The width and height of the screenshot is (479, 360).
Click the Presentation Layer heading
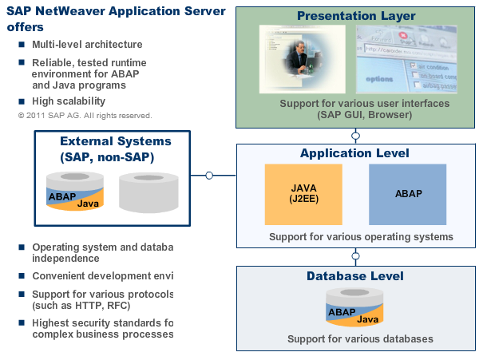click(x=355, y=15)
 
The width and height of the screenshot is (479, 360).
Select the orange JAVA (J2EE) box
click(x=303, y=194)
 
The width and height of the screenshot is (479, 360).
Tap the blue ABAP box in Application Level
click(x=408, y=194)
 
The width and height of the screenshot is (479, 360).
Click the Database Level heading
click(x=355, y=276)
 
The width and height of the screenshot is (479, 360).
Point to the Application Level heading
click(x=355, y=153)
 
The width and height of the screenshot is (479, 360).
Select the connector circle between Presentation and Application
click(x=355, y=136)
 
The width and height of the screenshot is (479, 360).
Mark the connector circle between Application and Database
click(x=355, y=256)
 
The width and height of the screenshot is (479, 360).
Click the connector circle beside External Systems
click(x=209, y=175)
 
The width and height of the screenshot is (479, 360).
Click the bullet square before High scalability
click(x=22, y=101)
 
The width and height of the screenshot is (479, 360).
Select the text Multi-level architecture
click(x=87, y=45)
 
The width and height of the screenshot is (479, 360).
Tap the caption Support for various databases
click(x=360, y=339)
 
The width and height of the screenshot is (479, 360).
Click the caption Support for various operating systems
click(x=361, y=237)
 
